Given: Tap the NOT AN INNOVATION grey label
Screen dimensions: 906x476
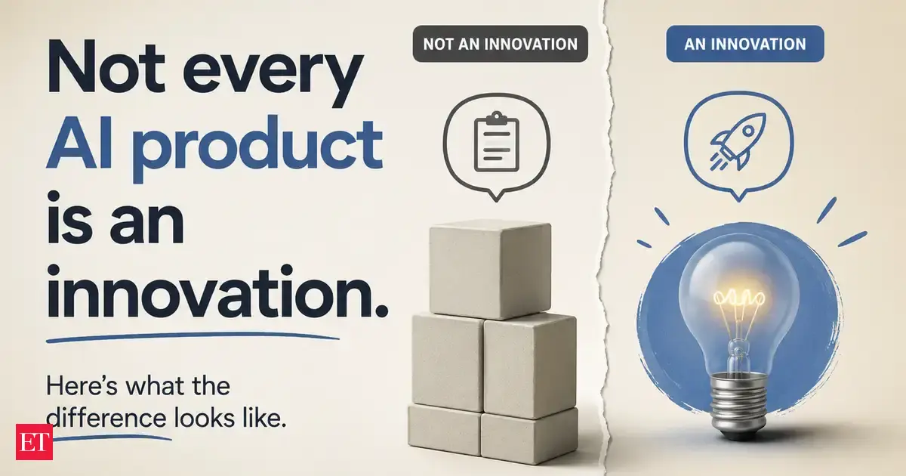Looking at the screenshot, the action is point(501,44).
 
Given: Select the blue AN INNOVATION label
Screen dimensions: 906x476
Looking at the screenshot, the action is point(745,44).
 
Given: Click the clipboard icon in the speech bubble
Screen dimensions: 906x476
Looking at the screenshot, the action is point(496,142).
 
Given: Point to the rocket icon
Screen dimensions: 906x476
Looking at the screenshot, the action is point(738,141).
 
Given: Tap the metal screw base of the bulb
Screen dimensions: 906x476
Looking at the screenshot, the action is point(739,406).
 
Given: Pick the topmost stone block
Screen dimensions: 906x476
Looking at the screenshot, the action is point(490,270).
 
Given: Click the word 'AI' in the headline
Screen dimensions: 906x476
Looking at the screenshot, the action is point(79,143).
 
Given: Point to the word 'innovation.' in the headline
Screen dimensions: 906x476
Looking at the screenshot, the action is point(217,292).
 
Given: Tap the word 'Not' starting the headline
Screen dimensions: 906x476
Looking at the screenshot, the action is point(106,67).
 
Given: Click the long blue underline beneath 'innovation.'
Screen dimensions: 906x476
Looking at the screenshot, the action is point(193,337).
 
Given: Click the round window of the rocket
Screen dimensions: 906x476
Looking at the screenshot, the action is point(748,131).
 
